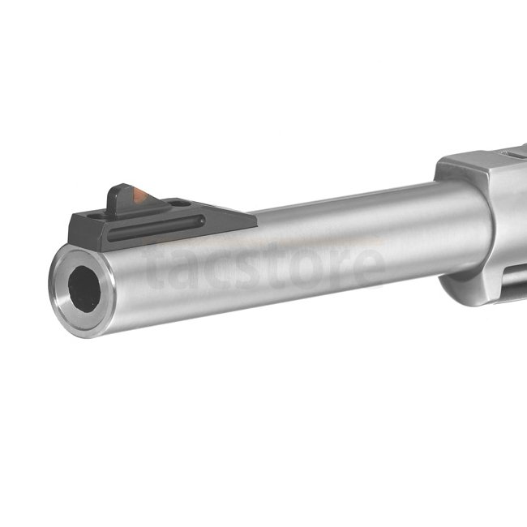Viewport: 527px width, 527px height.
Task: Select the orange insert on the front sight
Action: [x=139, y=195]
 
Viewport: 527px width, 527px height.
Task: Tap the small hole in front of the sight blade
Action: [x=97, y=216]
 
